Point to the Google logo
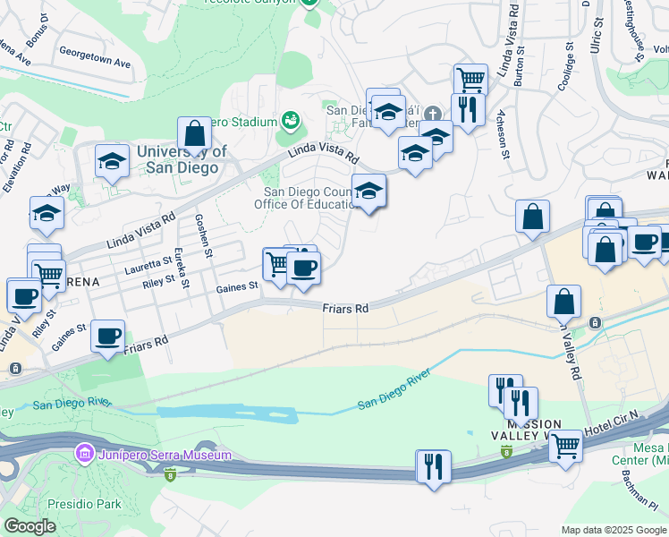click(30, 526)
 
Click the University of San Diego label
click(182, 159)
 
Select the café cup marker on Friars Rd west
click(108, 336)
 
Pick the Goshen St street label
click(204, 237)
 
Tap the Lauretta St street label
click(148, 263)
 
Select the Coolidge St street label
click(566, 65)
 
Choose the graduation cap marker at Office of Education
click(368, 191)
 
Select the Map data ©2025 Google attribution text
click(613, 530)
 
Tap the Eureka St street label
click(182, 268)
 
